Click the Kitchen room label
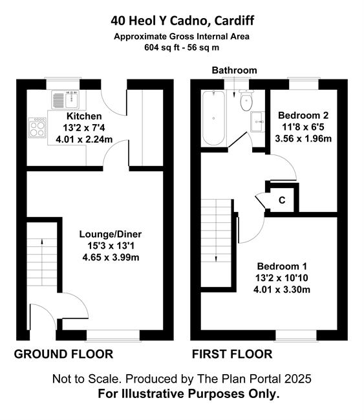point(84,116)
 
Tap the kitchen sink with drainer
point(66,100)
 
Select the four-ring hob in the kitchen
point(37,127)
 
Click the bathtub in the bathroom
point(213,118)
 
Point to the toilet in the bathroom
point(246,100)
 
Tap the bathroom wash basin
point(257,121)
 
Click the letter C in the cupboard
point(282,200)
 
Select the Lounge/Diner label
point(111,234)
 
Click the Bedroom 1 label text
point(282,266)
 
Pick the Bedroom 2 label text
point(303,116)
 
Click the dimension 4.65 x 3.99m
point(111,257)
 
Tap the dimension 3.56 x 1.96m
point(303,139)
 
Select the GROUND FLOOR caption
point(63,354)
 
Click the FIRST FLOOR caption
point(232,354)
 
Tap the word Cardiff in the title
point(234,21)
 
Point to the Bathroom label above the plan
point(234,70)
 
